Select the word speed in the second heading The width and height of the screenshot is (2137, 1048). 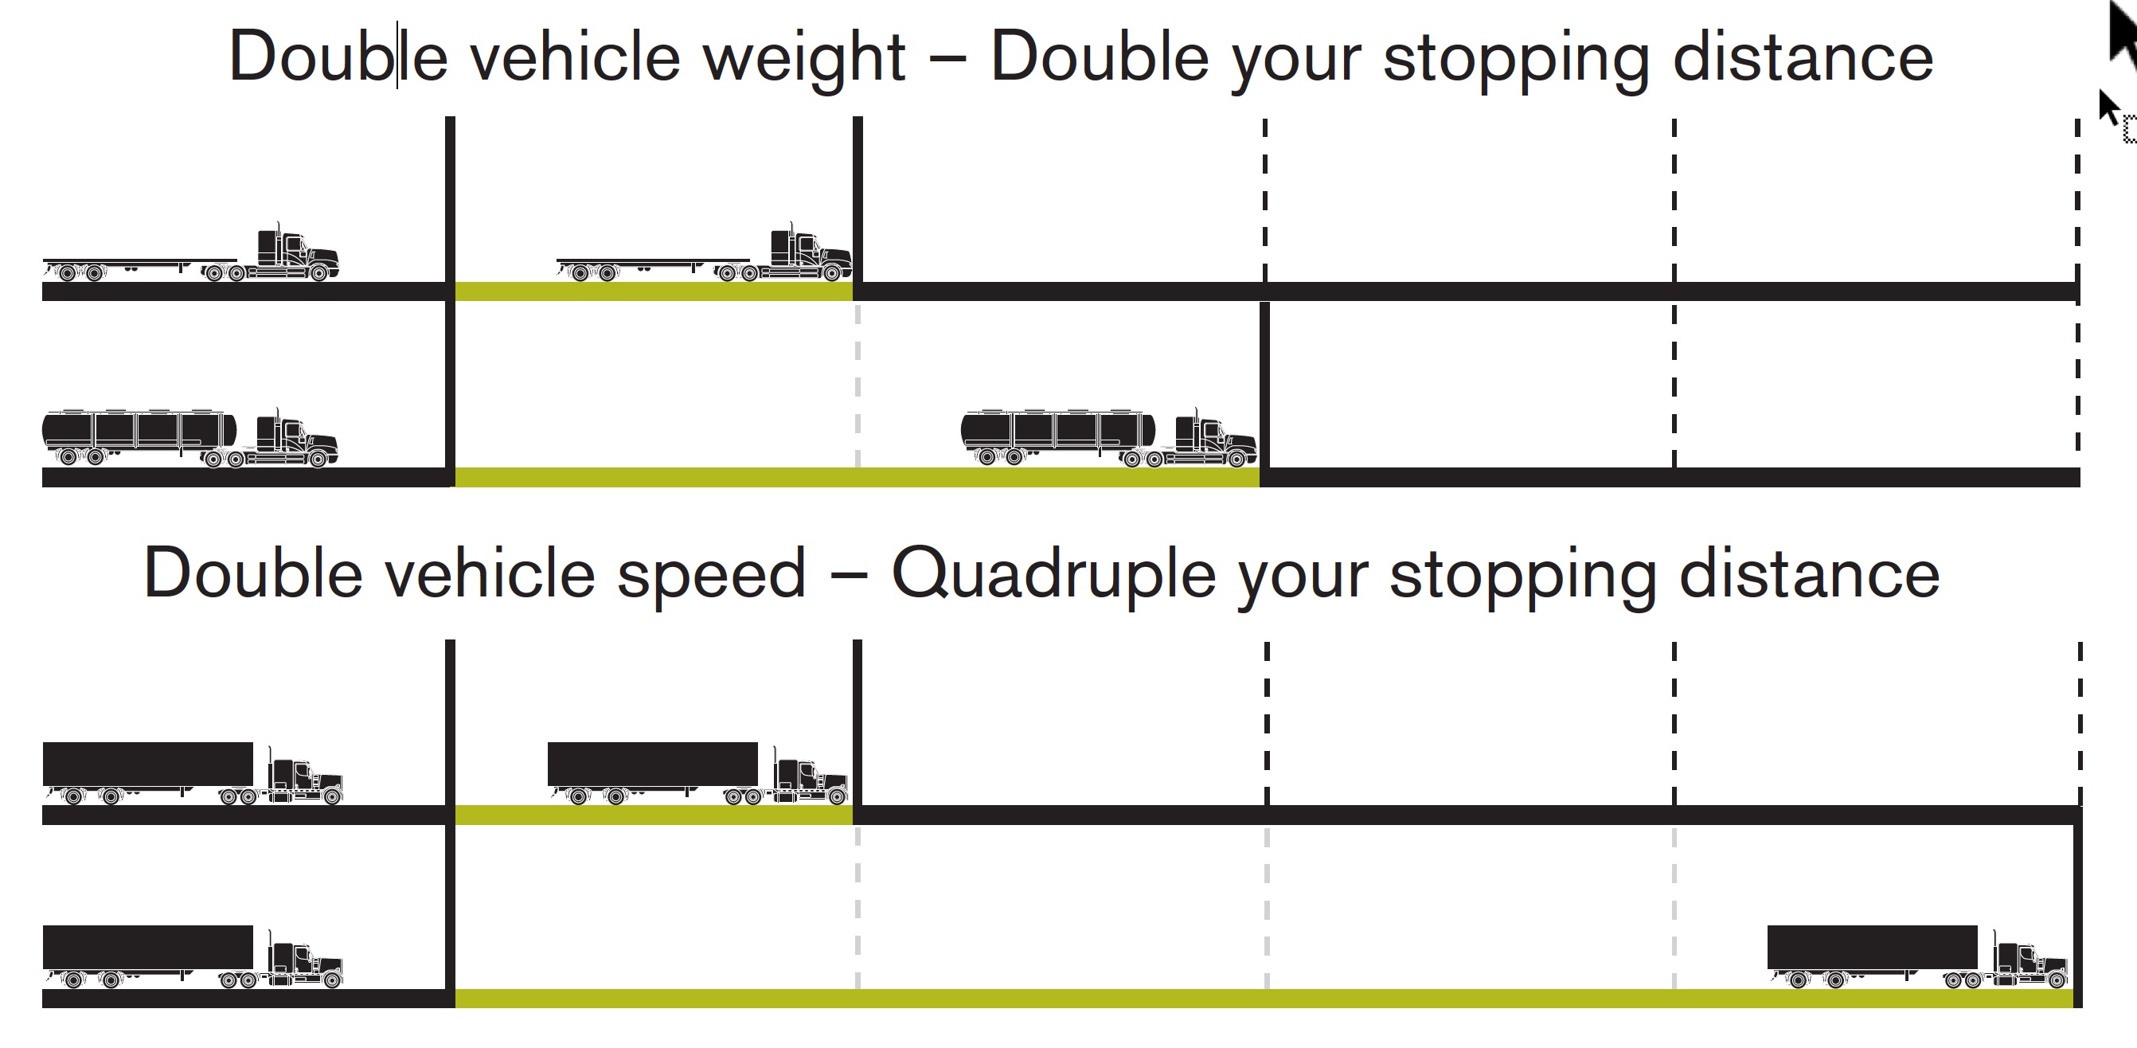click(x=711, y=574)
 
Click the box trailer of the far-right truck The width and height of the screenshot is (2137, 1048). click(x=1872, y=947)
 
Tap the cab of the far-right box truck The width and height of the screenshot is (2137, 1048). click(x=2030, y=963)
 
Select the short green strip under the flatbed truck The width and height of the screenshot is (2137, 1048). click(x=654, y=291)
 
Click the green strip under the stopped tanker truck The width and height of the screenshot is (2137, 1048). click(x=856, y=477)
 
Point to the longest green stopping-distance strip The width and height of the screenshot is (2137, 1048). click(x=1263, y=998)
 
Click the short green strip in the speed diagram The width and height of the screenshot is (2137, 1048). click(x=654, y=815)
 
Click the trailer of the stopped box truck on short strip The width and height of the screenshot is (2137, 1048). click(x=652, y=764)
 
